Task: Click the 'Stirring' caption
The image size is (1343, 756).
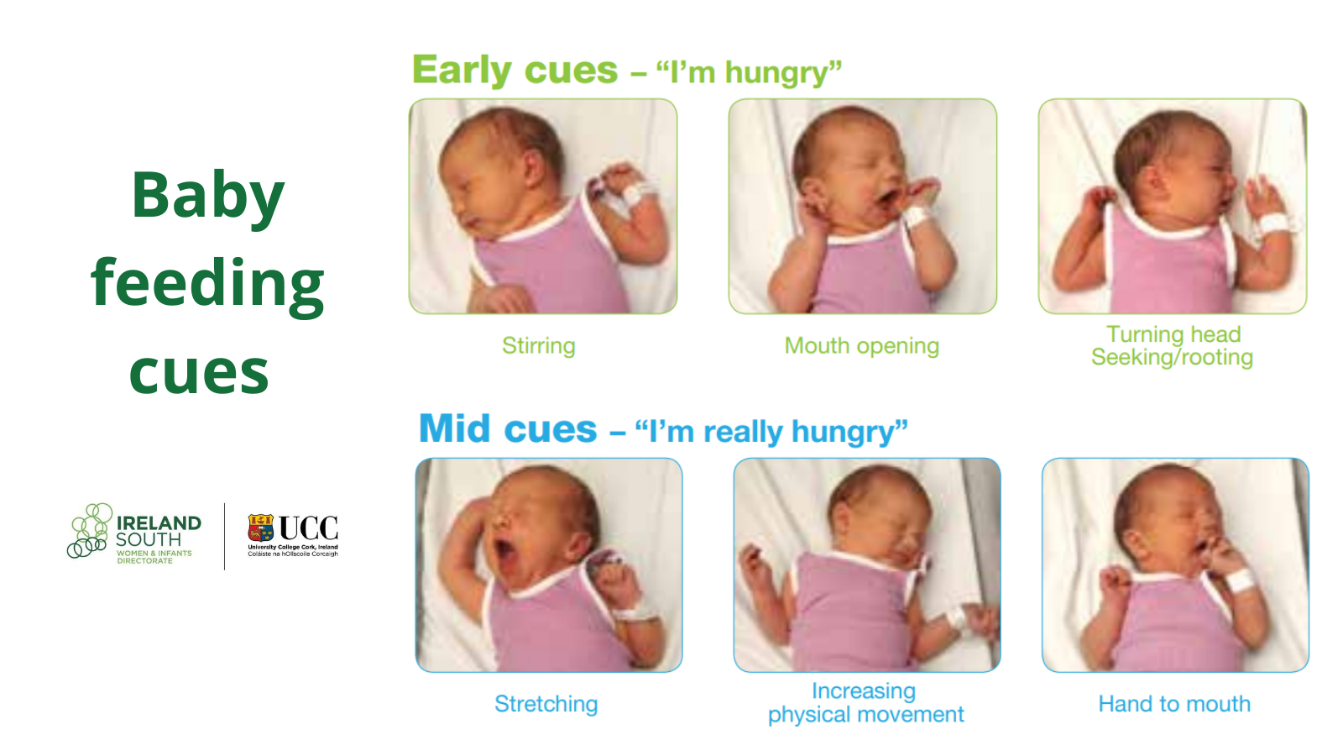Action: [x=538, y=345]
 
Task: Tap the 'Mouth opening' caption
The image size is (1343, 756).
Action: [x=861, y=346]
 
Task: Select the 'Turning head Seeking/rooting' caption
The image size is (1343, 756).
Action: [x=1172, y=345]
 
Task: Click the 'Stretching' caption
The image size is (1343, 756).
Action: [x=546, y=704]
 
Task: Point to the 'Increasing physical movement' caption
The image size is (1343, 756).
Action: [x=865, y=702]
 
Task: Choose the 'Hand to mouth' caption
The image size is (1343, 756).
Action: [x=1174, y=704]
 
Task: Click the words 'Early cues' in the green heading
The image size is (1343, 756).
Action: [x=515, y=70]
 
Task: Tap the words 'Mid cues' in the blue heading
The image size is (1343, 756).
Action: [x=508, y=429]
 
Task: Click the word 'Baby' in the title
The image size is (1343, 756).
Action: [x=207, y=197]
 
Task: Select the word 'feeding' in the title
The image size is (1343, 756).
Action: [x=207, y=284]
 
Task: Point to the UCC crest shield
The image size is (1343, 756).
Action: [x=261, y=528]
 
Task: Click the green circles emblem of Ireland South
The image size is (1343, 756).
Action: [x=90, y=530]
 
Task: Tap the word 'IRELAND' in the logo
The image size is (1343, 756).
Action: [x=159, y=523]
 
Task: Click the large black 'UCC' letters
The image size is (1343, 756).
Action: [x=308, y=528]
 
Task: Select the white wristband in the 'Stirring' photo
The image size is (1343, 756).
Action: [x=632, y=196]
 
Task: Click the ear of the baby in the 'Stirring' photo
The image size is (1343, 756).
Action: [x=532, y=168]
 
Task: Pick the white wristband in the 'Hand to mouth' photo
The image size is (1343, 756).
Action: [x=1239, y=580]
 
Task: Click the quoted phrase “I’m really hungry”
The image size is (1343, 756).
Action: [x=771, y=432]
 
